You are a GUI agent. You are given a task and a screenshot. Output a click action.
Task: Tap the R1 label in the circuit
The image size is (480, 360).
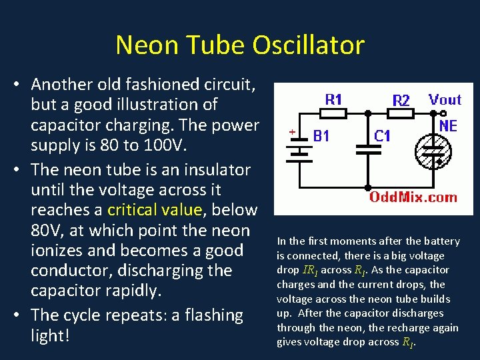coord(333,100)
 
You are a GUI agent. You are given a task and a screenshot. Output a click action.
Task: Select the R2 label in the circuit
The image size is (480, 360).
coord(401,101)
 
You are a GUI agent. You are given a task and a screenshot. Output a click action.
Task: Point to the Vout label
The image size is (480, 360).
coord(445,100)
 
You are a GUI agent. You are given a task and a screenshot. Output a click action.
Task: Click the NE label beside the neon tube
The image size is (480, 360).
coord(448,125)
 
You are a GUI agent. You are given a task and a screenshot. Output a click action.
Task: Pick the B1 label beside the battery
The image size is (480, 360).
coord(322,136)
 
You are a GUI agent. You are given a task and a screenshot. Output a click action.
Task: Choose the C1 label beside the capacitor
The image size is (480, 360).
coord(382,136)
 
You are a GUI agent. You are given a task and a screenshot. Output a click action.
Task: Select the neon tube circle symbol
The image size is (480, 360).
coord(435,155)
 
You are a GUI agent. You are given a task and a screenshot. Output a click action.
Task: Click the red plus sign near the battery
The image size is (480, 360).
coord(291,133)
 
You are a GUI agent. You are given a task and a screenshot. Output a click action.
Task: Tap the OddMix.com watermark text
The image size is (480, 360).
coord(413,197)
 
